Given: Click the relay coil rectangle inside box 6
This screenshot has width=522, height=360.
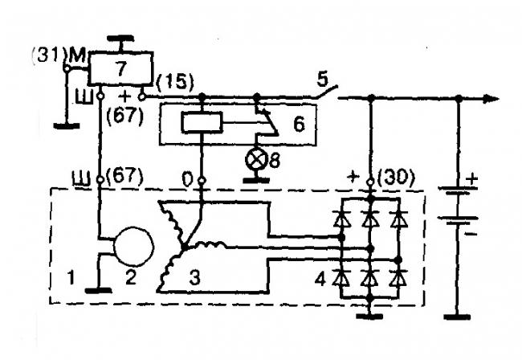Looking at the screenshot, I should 201,122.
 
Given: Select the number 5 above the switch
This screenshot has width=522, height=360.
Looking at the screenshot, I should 321,78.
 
